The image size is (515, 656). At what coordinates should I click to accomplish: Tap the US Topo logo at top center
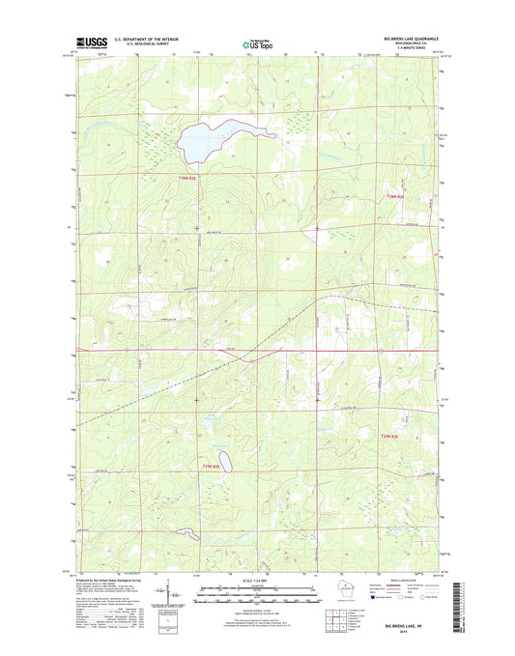pyautogui.click(x=257, y=43)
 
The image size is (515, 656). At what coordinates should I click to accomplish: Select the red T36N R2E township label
pyautogui.click(x=187, y=179)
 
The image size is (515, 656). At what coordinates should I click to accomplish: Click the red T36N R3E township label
pyautogui.click(x=386, y=198)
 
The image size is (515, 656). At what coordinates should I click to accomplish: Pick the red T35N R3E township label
pyautogui.click(x=386, y=436)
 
